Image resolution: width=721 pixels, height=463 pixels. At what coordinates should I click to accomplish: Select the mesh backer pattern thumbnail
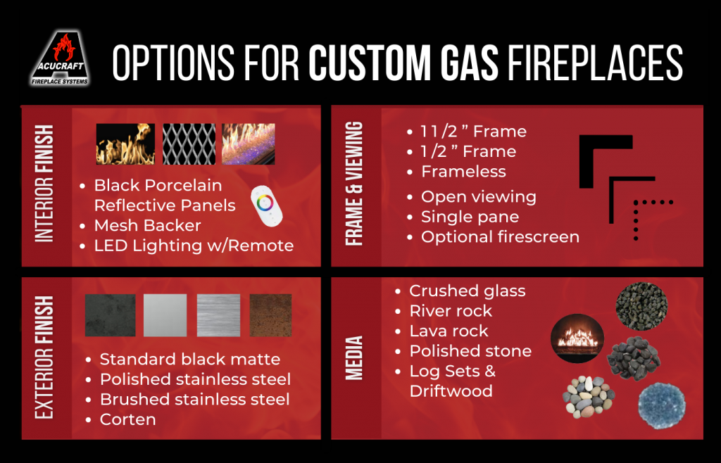click(x=189, y=144)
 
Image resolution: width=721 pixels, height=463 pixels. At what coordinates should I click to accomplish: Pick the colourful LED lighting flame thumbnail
click(x=248, y=144)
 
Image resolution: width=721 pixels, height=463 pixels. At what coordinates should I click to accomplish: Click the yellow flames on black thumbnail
click(x=125, y=144)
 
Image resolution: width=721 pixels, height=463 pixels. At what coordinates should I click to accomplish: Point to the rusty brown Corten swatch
click(x=270, y=315)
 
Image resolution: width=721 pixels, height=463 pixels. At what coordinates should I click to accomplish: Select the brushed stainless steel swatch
click(x=218, y=315)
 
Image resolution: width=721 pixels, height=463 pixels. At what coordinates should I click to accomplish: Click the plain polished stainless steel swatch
click(x=165, y=315)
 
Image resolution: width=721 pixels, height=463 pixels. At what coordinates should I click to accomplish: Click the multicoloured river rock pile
click(x=589, y=396)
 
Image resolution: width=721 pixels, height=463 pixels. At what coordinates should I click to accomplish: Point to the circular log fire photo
click(x=577, y=338)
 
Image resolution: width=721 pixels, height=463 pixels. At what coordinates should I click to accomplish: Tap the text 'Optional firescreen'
click(x=500, y=236)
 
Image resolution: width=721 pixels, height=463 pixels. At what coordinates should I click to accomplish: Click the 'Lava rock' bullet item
click(x=449, y=331)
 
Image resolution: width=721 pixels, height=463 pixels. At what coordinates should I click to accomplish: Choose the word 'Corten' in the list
click(x=127, y=419)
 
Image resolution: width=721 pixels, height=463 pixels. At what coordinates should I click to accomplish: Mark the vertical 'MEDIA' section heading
click(x=356, y=357)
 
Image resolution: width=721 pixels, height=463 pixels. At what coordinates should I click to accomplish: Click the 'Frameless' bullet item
click(x=463, y=171)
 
